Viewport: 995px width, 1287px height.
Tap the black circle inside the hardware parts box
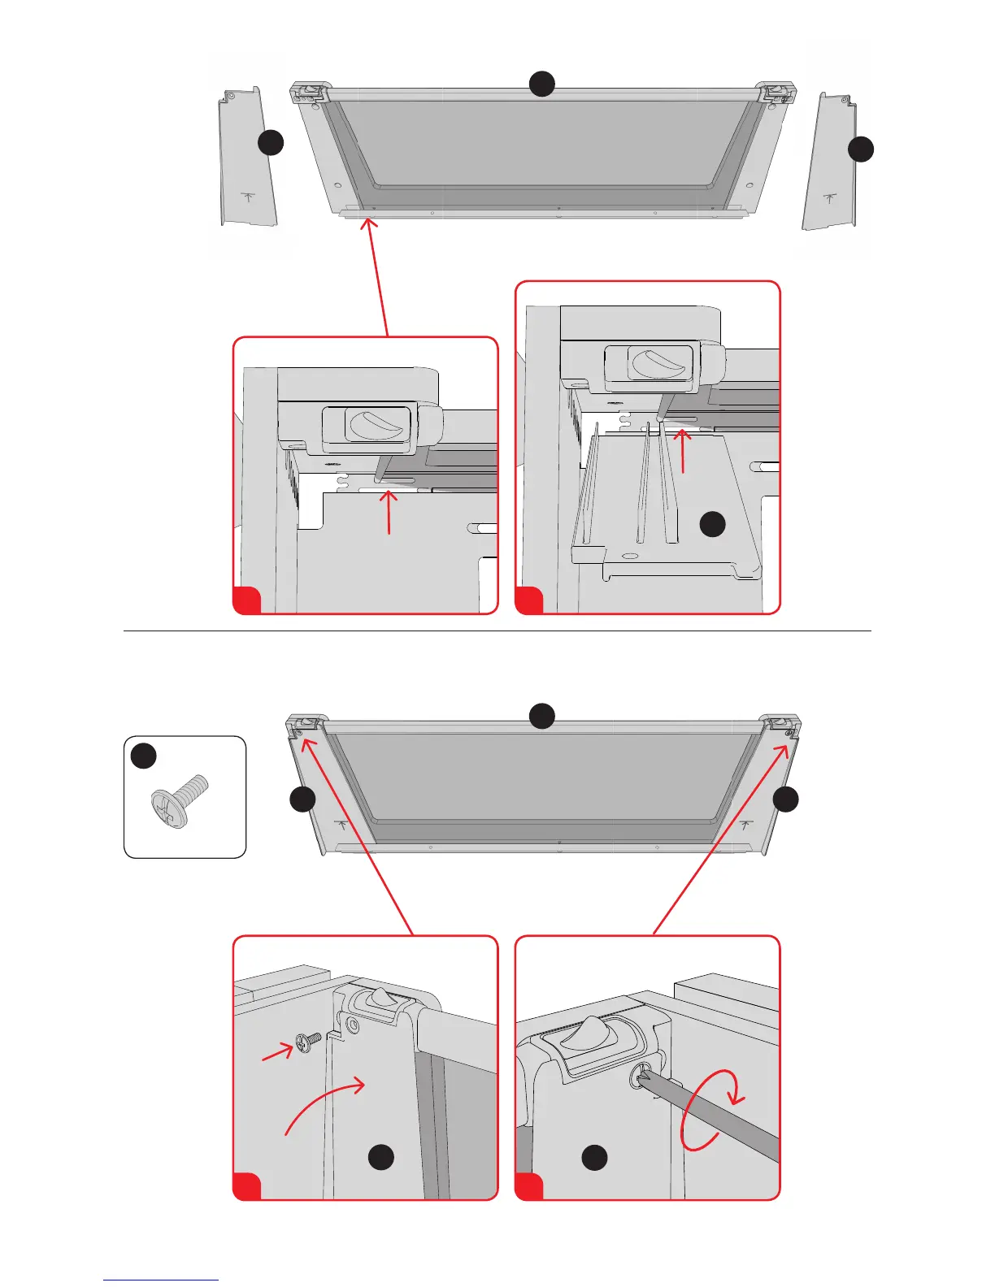144,756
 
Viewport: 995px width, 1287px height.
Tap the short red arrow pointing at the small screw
277,1053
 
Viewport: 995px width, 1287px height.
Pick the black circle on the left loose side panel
271,143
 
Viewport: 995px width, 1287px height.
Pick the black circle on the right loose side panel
861,149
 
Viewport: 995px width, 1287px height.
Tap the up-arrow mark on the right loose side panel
828,197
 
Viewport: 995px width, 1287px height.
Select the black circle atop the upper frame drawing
542,84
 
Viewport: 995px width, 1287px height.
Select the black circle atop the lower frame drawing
542,716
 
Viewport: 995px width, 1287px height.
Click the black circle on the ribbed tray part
712,525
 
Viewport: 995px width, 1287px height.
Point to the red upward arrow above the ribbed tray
683,451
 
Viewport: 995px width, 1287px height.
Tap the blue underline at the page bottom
161,1280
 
